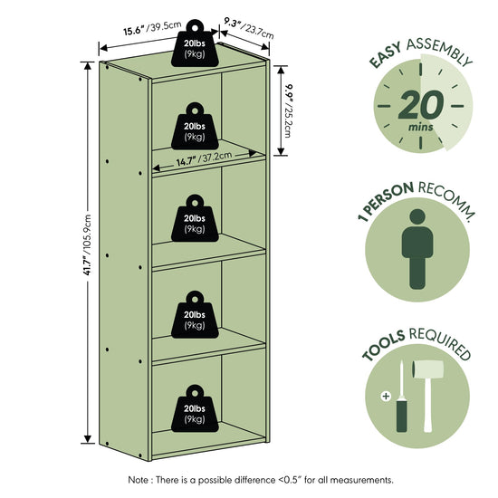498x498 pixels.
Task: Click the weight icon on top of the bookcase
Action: tap(195, 43)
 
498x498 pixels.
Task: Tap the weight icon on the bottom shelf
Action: tap(195, 408)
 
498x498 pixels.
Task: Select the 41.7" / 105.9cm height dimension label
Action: tap(87, 244)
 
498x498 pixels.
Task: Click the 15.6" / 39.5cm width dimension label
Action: tap(152, 28)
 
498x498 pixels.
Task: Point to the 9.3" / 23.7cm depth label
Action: tap(249, 28)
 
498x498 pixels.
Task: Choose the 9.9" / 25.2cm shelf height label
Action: tap(288, 110)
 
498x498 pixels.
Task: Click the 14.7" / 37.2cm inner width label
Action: tap(204, 158)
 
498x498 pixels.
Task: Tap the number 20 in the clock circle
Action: tap(421, 105)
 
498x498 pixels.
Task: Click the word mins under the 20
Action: tap(420, 128)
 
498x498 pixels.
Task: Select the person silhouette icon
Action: tap(417, 249)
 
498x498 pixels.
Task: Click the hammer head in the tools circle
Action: tap(427, 369)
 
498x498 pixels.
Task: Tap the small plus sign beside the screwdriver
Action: tap(386, 397)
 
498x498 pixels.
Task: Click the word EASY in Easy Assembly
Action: tap(386, 55)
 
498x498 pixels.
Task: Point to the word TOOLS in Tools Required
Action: tap(383, 346)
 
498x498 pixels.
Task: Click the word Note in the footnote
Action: tap(139, 480)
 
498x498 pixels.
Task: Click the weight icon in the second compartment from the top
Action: tap(195, 126)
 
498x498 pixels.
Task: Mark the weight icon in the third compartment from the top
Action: tap(195, 218)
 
